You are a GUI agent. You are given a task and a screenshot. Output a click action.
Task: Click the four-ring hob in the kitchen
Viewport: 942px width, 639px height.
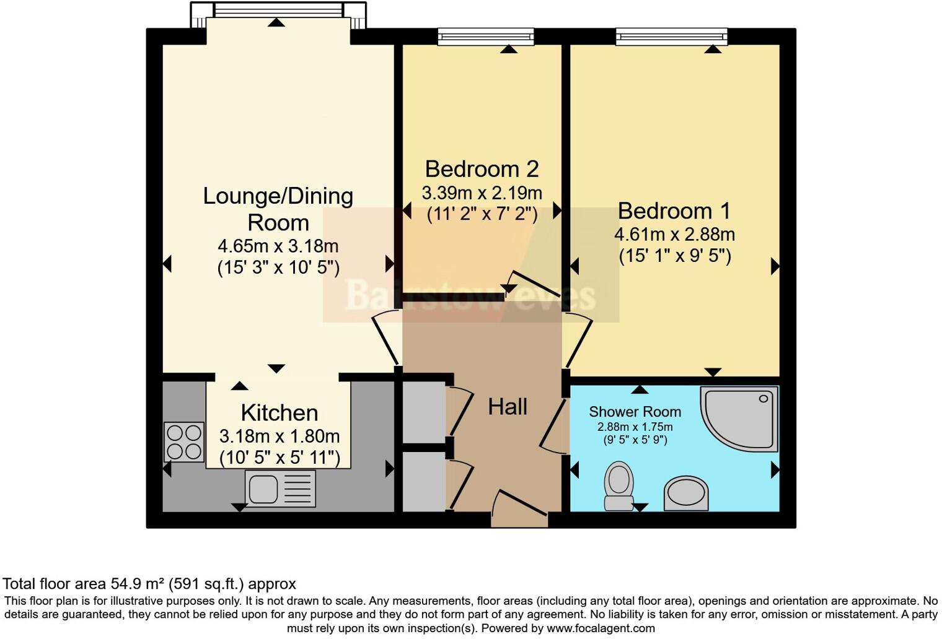184,441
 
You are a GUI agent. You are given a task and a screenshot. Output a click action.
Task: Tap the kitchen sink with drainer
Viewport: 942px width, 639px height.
280,489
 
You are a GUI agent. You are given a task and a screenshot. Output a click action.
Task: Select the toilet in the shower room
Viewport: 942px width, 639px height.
618,485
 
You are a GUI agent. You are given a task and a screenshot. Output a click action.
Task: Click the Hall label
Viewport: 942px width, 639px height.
508,407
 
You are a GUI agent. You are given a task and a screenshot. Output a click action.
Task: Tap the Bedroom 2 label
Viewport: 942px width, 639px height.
482,169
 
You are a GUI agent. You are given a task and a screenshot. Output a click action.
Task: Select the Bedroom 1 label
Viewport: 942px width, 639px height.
674,211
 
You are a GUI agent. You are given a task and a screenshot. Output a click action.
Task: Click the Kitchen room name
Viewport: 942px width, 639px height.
279,412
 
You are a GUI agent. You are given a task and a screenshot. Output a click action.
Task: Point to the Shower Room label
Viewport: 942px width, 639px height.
635,412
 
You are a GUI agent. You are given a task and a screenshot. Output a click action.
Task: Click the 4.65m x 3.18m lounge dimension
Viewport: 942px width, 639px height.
278,246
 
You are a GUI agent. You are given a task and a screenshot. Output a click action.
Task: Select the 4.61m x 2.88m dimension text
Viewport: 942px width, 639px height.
674,235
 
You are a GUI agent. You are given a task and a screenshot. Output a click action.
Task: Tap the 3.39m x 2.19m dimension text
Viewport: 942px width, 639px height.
482,193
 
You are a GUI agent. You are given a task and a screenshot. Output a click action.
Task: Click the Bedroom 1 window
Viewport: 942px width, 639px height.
671,37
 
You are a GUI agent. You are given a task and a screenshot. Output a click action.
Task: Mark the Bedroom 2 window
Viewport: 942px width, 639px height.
486,37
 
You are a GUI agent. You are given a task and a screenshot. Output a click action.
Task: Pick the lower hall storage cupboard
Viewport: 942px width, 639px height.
424,481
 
